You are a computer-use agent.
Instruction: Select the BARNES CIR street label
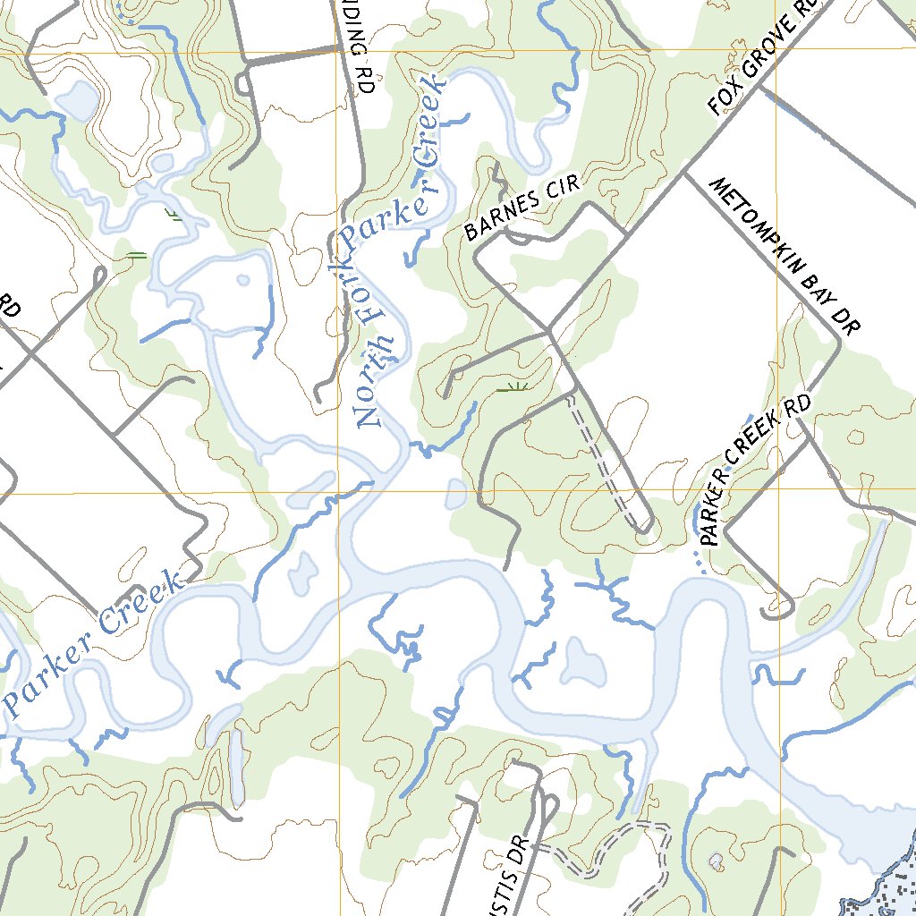point(522,208)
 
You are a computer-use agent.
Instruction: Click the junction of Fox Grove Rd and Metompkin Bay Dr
point(687,172)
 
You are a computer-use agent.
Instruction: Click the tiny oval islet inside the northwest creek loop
point(244,280)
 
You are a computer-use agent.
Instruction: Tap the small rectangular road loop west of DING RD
point(243,81)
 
